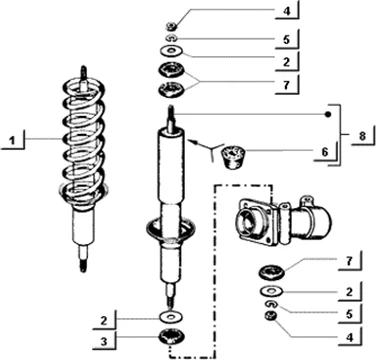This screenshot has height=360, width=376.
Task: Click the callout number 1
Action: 12,141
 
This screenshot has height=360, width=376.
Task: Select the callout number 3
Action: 104,341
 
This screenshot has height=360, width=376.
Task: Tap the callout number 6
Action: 325,152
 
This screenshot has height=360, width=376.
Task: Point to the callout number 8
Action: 362,136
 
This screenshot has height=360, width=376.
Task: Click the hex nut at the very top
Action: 172,25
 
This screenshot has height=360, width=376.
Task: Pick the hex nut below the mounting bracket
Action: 269,315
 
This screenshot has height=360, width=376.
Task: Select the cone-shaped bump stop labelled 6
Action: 233,157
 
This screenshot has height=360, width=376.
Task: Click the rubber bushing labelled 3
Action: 172,337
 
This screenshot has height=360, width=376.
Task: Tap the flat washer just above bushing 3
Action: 172,316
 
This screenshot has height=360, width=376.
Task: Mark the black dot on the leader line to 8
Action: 328,114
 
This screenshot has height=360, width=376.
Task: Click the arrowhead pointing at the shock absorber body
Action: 192,142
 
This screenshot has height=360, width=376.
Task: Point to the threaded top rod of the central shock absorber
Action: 172,117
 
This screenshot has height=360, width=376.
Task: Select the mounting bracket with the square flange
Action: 283,222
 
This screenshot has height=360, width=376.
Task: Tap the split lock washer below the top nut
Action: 172,38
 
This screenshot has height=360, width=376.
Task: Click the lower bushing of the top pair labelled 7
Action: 172,90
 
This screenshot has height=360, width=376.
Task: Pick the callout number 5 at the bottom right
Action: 349,314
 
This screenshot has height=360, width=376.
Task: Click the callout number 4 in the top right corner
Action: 286,11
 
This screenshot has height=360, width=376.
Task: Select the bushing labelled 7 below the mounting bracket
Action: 271,273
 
